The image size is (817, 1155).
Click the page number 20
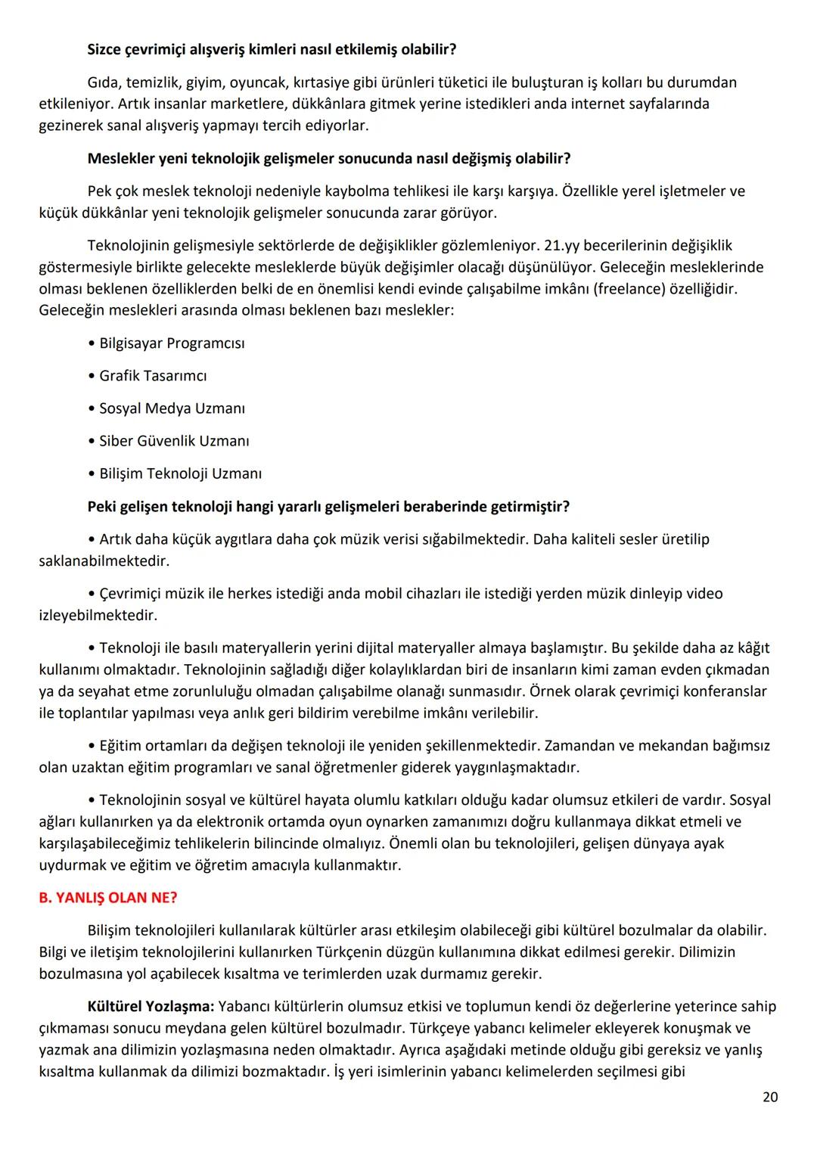coord(769,1097)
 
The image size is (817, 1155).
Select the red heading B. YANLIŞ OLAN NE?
coord(108,898)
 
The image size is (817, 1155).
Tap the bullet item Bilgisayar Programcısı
coord(172,343)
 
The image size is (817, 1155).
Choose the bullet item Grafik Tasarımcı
coord(153,376)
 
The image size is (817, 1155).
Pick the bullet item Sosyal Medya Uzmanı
coord(172,408)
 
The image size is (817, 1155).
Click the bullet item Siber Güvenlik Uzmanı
coord(174,441)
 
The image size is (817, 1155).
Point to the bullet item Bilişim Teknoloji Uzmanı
coord(180,473)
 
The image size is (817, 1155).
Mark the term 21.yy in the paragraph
coord(561,246)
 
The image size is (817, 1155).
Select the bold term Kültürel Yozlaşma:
coord(151,1007)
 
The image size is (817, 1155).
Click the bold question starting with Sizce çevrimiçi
coord(272,50)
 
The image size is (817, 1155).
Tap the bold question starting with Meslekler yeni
coord(328,159)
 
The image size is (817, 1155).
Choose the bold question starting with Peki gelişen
coord(328,507)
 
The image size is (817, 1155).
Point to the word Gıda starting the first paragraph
coord(104,82)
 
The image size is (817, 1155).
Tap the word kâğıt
coord(753,648)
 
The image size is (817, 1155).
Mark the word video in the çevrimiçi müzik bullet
coord(704,594)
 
